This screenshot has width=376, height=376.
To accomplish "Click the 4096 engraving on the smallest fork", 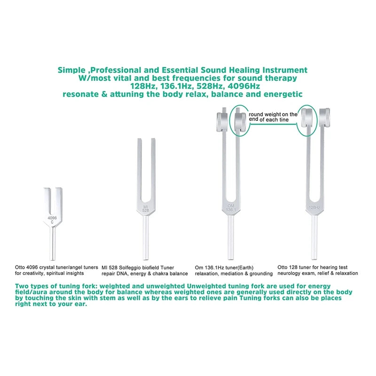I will point(52,218).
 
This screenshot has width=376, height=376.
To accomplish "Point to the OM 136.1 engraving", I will point(231,208).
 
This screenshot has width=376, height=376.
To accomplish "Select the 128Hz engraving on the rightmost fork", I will point(314,207).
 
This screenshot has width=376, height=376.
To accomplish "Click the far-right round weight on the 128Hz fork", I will point(324,121).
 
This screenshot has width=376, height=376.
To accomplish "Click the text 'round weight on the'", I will point(273,114).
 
